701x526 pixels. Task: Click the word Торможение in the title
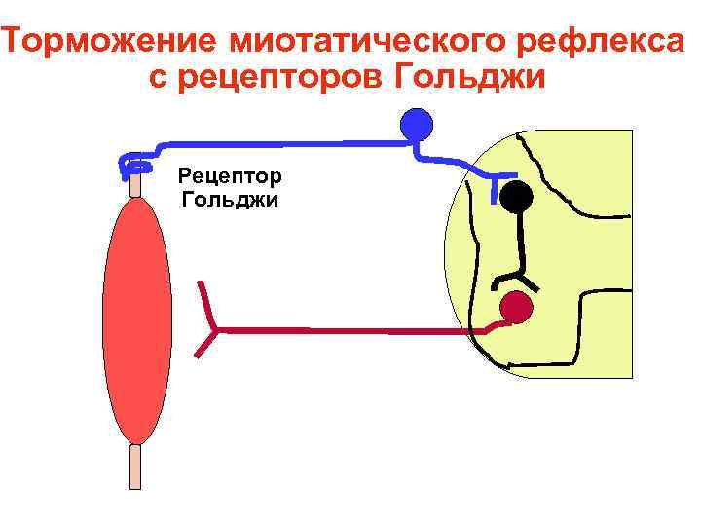(x=112, y=44)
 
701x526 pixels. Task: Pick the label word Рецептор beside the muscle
(x=230, y=176)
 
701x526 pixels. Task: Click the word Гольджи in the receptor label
(x=230, y=200)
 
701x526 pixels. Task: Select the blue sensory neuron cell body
(x=418, y=124)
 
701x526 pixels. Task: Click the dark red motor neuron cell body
(x=516, y=308)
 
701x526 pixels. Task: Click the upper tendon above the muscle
(x=135, y=184)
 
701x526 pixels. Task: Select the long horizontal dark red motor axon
(x=350, y=331)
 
